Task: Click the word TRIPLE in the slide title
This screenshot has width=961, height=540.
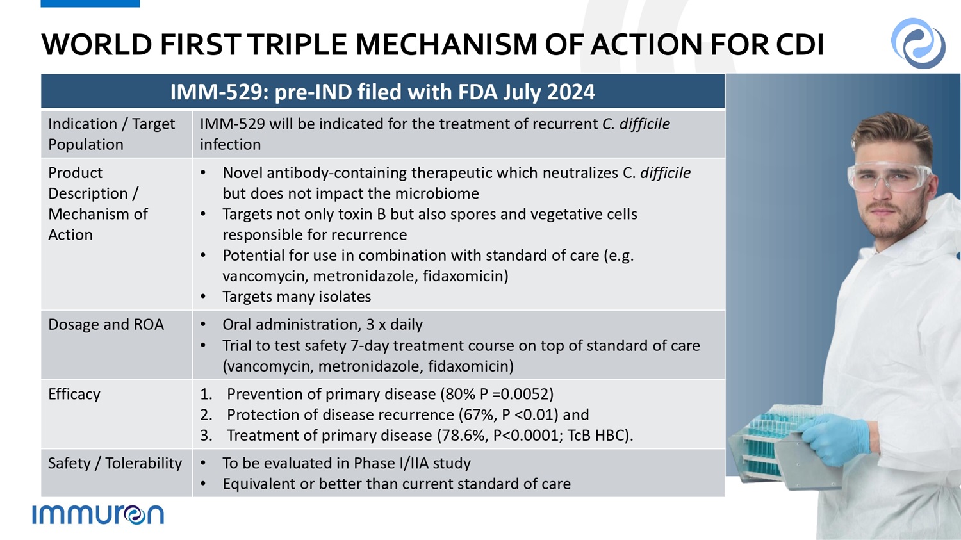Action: pos(296,44)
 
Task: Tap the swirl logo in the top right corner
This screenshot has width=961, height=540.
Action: pos(917,43)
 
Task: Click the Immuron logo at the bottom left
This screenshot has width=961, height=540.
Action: pos(98,514)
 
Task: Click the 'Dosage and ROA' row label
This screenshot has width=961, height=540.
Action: pos(106,325)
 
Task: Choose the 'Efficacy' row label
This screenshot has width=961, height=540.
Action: pos(74,394)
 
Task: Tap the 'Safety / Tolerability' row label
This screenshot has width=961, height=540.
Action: pos(115,463)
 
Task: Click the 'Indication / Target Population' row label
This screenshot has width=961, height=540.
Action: pos(111,135)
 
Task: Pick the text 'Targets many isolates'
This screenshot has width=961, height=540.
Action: pos(297,297)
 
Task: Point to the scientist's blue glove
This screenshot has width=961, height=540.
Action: pos(834,439)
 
